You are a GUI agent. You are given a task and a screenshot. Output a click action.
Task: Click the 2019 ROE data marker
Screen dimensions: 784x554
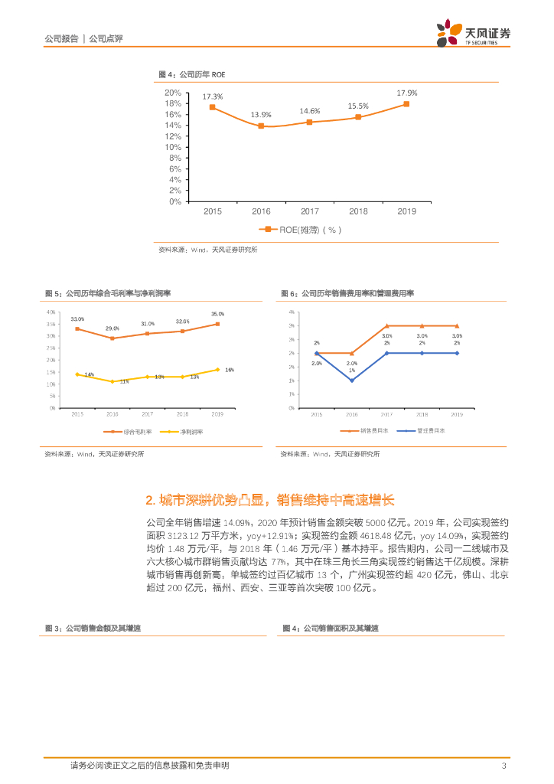406,104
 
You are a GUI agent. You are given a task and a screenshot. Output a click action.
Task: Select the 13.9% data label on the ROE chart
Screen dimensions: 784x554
261,115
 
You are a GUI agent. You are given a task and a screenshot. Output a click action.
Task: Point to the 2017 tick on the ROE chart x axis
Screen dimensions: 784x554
309,211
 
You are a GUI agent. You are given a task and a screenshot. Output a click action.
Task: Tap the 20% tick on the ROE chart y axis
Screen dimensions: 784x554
173,93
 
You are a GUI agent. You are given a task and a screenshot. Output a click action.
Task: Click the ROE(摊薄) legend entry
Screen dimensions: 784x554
298,229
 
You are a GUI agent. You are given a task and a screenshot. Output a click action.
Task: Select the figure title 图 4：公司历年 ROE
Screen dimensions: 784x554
192,74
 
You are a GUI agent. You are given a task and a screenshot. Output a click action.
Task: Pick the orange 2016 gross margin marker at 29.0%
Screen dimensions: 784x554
112,338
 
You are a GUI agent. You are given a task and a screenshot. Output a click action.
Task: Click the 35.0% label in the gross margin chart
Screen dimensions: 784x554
217,314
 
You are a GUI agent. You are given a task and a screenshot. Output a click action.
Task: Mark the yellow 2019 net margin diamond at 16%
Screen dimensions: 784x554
217,370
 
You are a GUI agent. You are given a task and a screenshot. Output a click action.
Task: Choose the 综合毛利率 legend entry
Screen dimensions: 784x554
134,432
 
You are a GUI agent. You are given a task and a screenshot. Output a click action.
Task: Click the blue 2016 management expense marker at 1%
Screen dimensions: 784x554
351,381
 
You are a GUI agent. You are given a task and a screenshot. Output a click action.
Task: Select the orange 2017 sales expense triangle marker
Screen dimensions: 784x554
386,326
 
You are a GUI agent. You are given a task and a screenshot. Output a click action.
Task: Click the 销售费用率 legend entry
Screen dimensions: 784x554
370,431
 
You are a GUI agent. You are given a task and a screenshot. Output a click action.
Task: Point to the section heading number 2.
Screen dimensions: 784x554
150,501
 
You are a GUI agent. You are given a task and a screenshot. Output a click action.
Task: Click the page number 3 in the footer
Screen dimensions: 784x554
503,766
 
